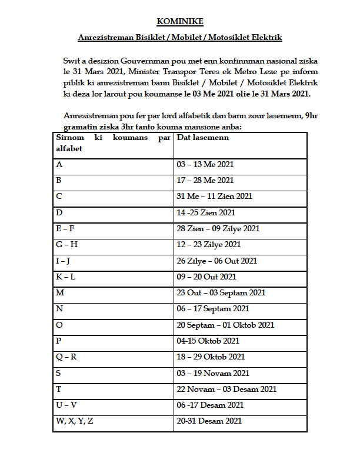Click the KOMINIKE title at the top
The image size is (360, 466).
(x=180, y=22)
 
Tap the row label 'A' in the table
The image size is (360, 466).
(x=59, y=164)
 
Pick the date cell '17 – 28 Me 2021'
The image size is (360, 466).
(x=205, y=180)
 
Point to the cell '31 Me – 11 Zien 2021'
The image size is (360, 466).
(x=215, y=196)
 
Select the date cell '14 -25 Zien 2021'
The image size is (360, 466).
(x=206, y=212)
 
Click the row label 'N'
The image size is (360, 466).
(x=59, y=308)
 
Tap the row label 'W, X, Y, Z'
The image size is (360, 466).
(x=75, y=421)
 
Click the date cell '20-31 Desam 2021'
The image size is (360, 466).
(x=209, y=421)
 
